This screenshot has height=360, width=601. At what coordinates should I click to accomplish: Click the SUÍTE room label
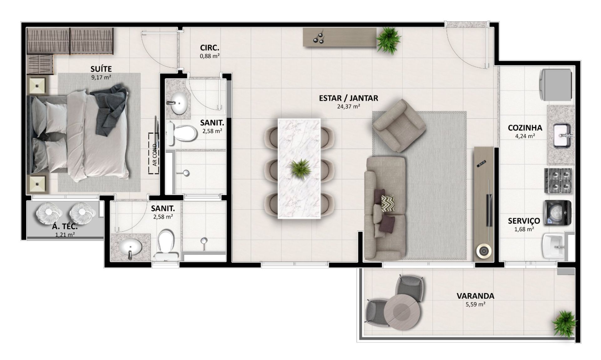101,69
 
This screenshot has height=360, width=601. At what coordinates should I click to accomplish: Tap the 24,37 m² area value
348,106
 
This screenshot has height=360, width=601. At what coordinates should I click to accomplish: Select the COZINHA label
525,128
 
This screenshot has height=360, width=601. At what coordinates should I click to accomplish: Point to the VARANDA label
475,296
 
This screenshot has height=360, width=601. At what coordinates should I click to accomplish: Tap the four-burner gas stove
558,181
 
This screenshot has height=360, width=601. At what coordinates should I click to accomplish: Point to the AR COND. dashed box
154,153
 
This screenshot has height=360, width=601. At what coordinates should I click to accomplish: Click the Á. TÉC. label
65,227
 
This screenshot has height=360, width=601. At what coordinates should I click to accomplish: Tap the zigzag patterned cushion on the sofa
388,203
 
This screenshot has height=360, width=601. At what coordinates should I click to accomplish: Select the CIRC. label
209,48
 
